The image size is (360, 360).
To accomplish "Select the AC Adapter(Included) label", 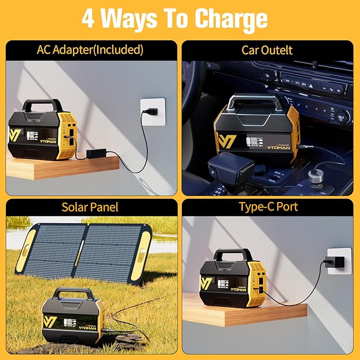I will pos(90,50).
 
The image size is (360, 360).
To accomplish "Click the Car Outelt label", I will pos(267,50).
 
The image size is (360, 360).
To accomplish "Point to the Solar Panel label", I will pos(90,207).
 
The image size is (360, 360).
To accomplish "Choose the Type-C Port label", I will pos(267,207).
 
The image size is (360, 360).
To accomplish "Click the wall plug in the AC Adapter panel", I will pos(150,112).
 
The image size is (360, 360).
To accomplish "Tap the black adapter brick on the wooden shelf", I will pos(97,154).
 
